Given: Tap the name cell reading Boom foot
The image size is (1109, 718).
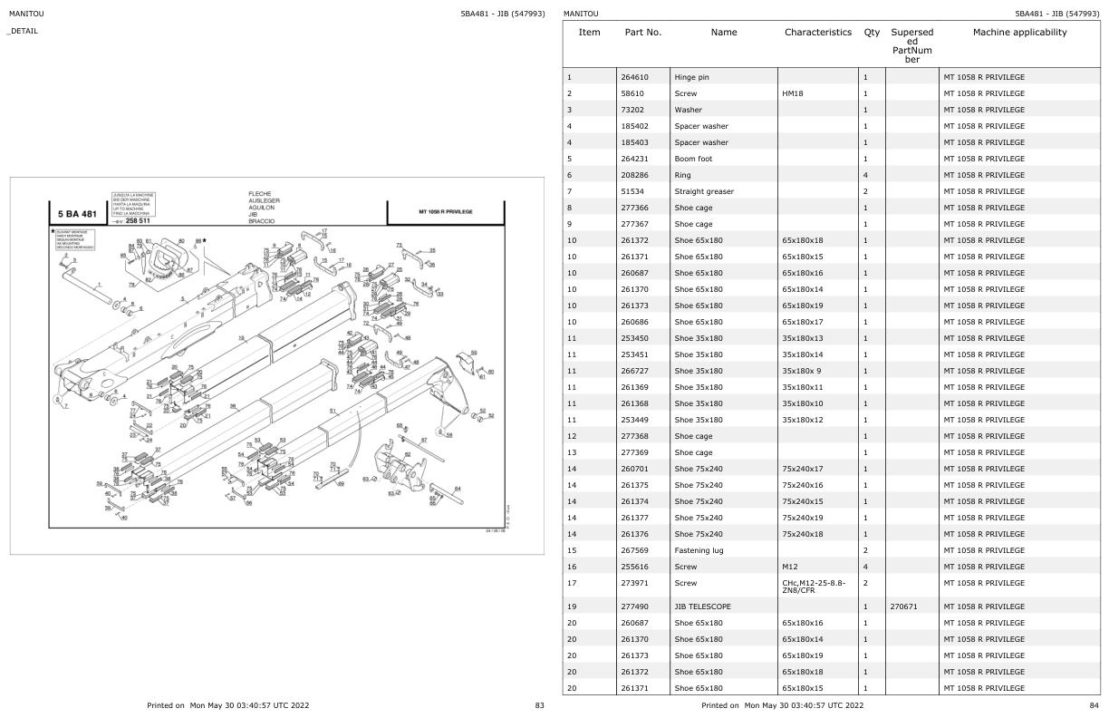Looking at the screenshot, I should pyautogui.click(x=693, y=159).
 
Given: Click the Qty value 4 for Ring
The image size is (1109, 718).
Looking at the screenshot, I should pyautogui.click(x=866, y=175).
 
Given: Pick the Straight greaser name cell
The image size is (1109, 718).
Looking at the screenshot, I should pyautogui.click(x=703, y=191).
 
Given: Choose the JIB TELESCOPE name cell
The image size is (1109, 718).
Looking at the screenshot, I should pyautogui.click(x=702, y=606).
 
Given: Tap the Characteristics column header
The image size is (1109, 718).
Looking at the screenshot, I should pyautogui.click(x=818, y=33).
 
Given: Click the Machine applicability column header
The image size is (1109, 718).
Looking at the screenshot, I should pyautogui.click(x=1019, y=33).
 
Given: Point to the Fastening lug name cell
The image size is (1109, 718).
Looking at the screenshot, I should pyautogui.click(x=699, y=550).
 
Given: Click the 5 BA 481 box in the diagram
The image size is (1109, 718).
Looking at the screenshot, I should pyautogui.click(x=77, y=214).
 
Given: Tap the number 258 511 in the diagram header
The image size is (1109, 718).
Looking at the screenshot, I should pyautogui.click(x=138, y=220).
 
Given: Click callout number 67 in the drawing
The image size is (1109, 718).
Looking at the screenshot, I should pyautogui.click(x=423, y=441).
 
